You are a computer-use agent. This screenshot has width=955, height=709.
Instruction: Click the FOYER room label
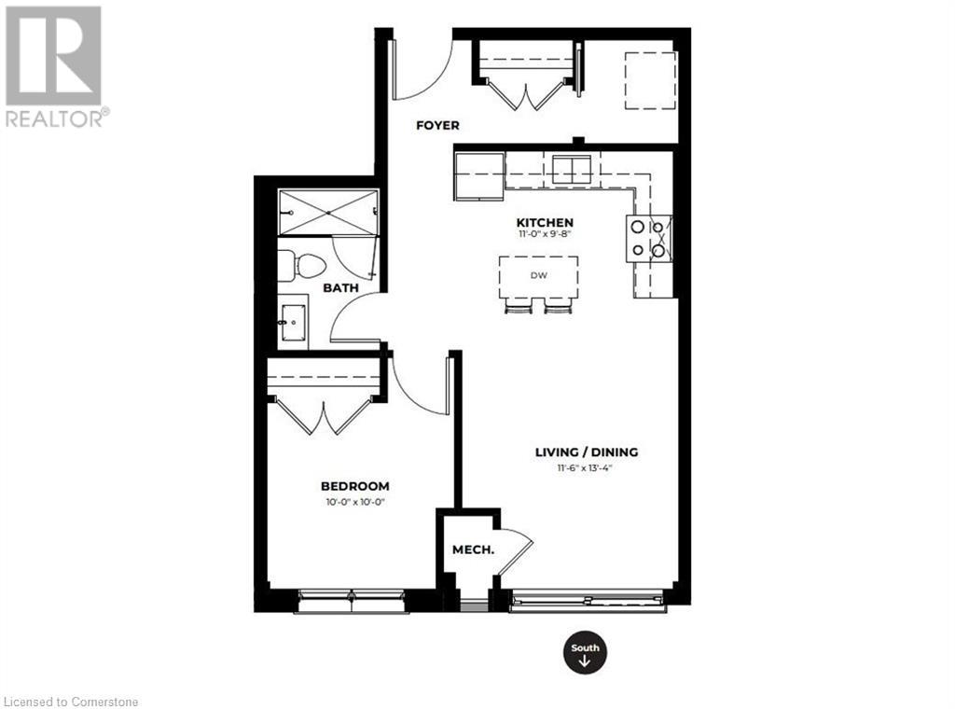coord(437,125)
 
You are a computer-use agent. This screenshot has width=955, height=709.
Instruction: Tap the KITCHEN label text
coord(545,222)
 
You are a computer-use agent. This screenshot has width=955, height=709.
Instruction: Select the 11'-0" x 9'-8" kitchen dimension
coord(545,235)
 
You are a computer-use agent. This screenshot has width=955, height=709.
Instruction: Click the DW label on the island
coord(538,275)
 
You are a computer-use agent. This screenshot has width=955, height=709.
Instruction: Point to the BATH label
coord(340,288)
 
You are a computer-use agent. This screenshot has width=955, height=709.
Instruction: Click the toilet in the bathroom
coord(300,264)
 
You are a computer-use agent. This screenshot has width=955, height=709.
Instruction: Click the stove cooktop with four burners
coord(649,238)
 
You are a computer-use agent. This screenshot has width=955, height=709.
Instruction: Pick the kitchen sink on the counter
coord(572,170)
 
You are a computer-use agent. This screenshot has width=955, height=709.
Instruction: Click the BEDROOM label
coord(354,486)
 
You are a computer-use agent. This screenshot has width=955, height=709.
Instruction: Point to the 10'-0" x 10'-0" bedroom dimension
coord(354,502)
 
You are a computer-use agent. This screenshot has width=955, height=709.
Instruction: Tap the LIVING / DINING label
coord(586,452)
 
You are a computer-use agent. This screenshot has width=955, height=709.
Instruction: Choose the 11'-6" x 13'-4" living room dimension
coord(586,468)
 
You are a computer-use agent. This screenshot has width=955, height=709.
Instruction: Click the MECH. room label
coord(473,549)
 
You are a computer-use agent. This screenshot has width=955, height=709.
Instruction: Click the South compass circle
coord(585,655)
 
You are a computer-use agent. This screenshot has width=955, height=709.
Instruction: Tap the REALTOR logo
coord(54,65)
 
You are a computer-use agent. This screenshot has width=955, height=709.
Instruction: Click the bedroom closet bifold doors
coord(324,416)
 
